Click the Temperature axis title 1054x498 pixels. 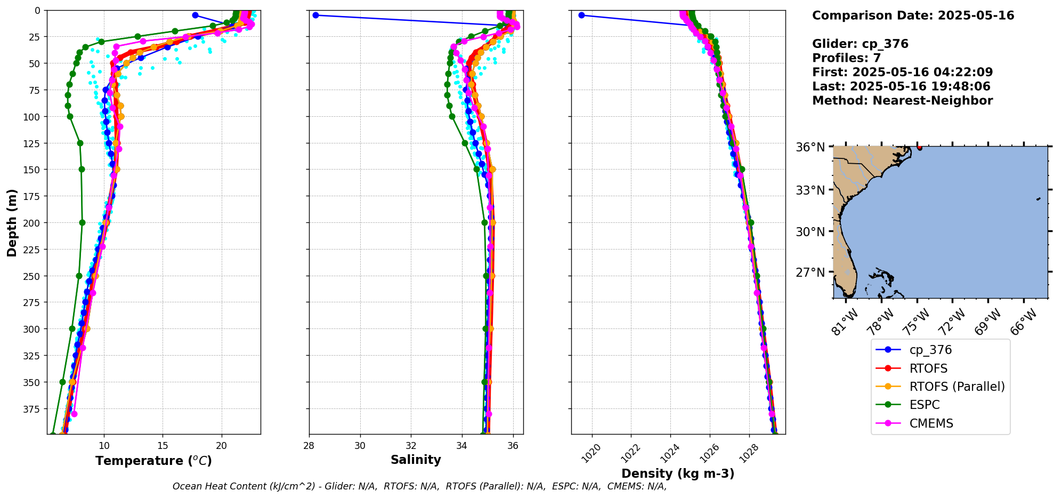[x=153, y=461]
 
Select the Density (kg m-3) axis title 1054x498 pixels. [x=678, y=473]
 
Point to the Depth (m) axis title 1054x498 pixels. [x=12, y=222]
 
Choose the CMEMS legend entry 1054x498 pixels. [x=931, y=423]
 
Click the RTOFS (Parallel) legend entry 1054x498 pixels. [x=956, y=387]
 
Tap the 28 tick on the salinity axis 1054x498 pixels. [x=309, y=446]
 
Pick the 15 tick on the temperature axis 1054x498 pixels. [x=163, y=446]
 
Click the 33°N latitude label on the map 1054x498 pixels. [x=810, y=190]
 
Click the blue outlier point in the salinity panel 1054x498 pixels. [x=315, y=15]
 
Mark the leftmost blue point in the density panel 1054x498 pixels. [x=581, y=15]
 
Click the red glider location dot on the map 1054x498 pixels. [x=919, y=147]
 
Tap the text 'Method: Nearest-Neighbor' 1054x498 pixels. [x=902, y=101]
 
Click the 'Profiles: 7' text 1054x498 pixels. [x=846, y=58]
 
